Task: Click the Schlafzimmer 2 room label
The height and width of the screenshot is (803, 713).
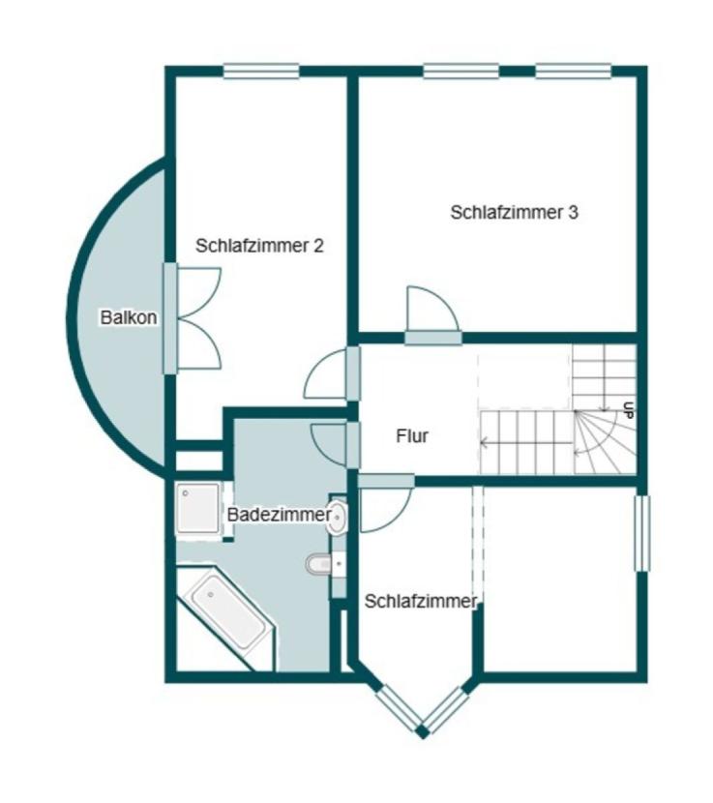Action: (x=259, y=246)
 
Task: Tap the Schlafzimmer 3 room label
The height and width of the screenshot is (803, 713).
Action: (x=515, y=212)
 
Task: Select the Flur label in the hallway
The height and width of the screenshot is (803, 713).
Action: (x=412, y=436)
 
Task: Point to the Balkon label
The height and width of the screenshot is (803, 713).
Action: (x=129, y=317)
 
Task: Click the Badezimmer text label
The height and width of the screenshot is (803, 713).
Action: (x=280, y=515)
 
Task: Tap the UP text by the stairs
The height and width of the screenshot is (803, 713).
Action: (x=629, y=410)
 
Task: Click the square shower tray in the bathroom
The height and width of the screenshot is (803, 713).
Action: (x=198, y=509)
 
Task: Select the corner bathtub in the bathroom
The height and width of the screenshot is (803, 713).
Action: (x=225, y=618)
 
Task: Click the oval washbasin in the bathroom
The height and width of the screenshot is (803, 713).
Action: (x=338, y=517)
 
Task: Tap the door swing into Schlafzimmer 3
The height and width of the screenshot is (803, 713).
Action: (x=432, y=310)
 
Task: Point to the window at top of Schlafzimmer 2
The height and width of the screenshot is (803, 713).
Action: (x=260, y=72)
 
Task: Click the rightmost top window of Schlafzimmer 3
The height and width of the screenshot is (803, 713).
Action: (x=574, y=72)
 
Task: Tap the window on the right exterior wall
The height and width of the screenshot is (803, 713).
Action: (x=642, y=533)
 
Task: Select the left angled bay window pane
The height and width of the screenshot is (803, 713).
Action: (x=399, y=709)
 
